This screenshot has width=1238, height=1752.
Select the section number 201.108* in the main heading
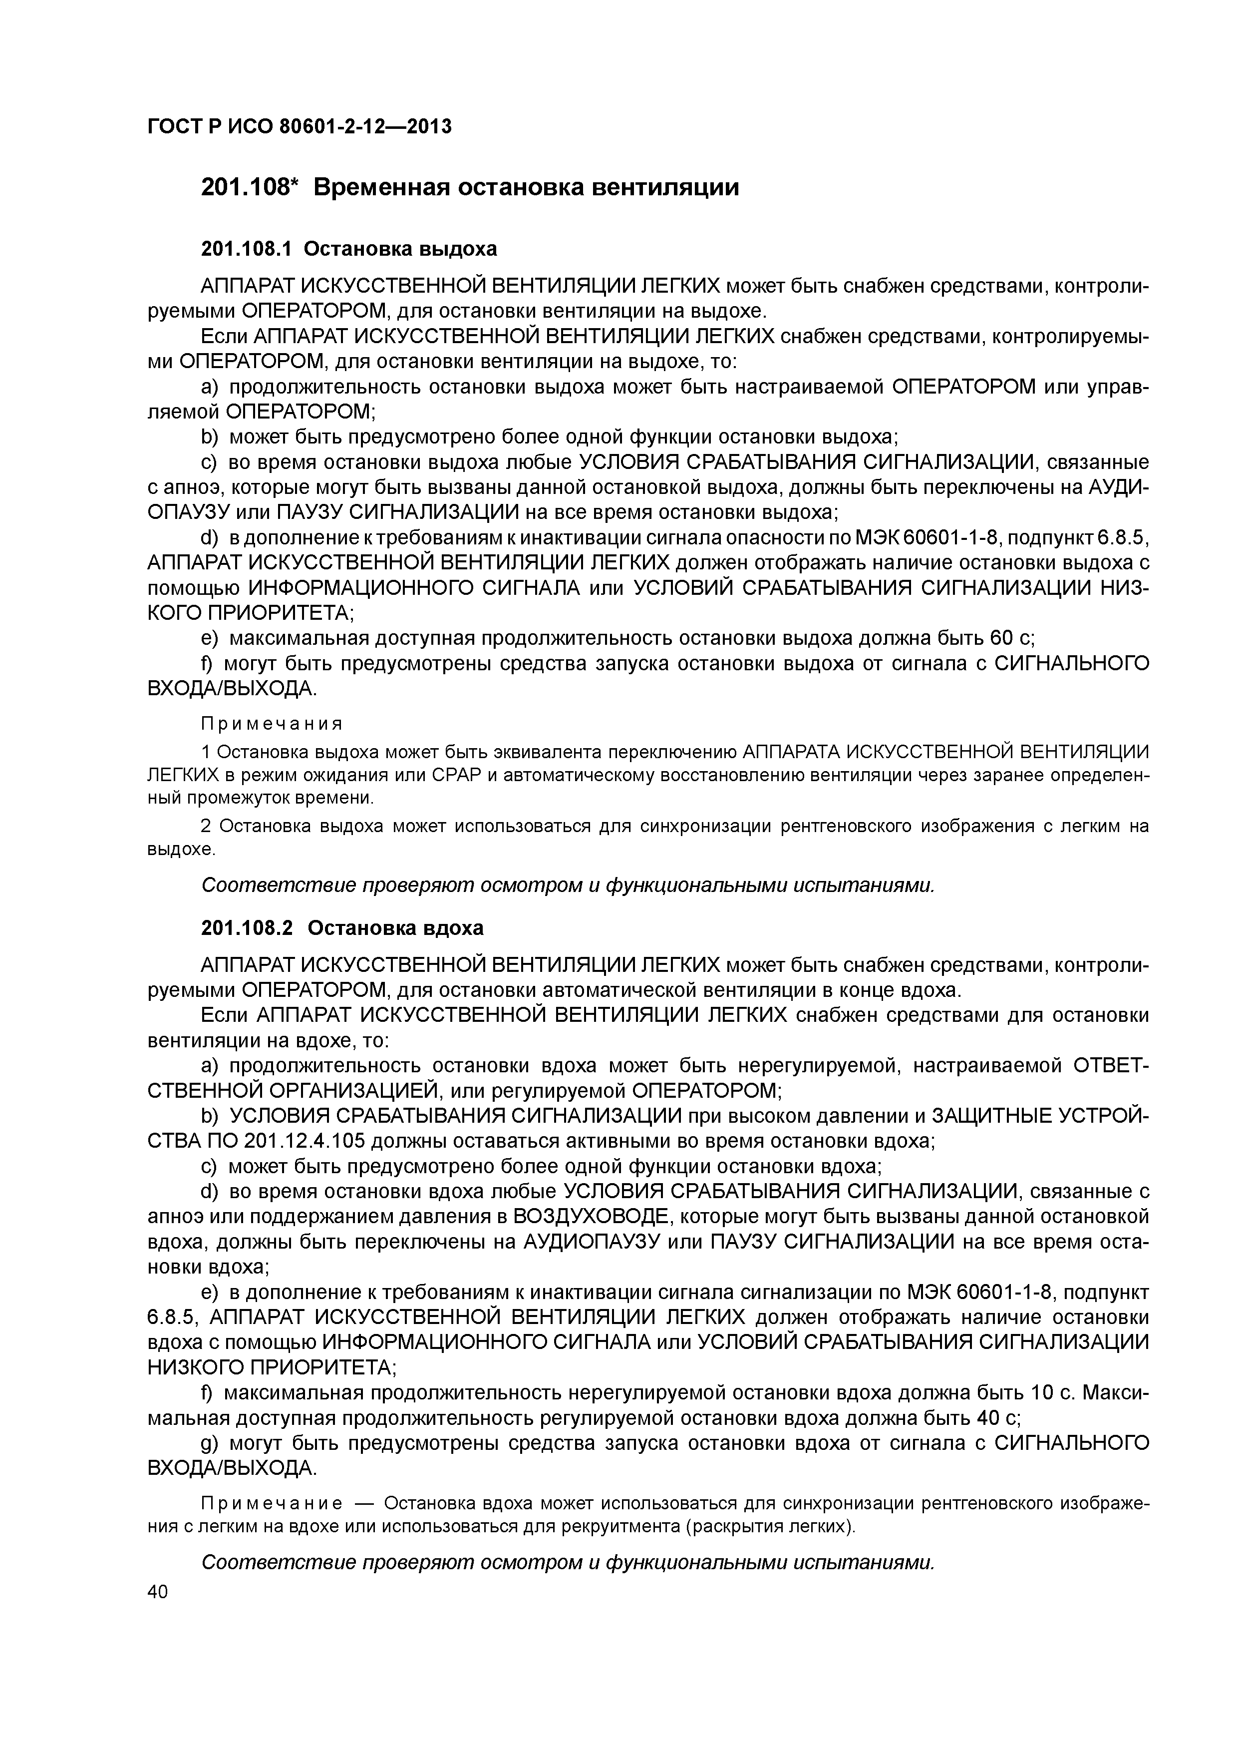[x=248, y=187]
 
